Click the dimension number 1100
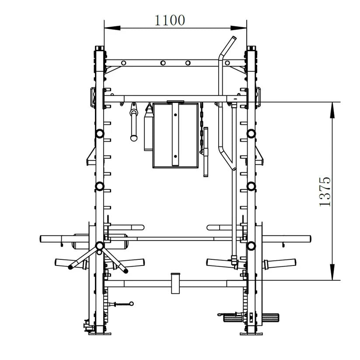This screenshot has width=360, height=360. click(x=170, y=20)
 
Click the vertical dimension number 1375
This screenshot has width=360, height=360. click(x=325, y=192)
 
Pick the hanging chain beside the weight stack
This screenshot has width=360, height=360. click(x=202, y=127)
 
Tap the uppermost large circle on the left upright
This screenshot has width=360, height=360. click(x=100, y=133)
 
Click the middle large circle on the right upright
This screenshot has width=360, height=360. click(x=252, y=186)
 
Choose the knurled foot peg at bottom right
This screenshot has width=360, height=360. click(x=234, y=317)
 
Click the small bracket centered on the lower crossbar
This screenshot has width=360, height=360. click(x=176, y=283)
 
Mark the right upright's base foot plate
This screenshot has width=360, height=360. click(x=252, y=333)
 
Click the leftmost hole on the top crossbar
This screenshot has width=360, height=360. click(x=123, y=63)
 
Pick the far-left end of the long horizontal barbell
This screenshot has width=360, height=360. click(x=42, y=239)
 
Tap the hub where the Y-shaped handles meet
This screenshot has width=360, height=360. click(x=99, y=246)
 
